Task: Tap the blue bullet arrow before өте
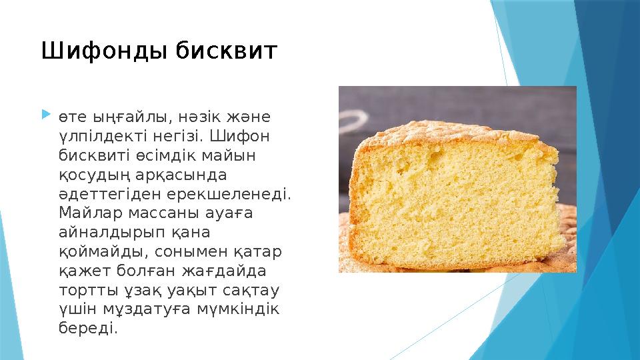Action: click(x=45, y=116)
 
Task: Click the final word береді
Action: click(x=87, y=329)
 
